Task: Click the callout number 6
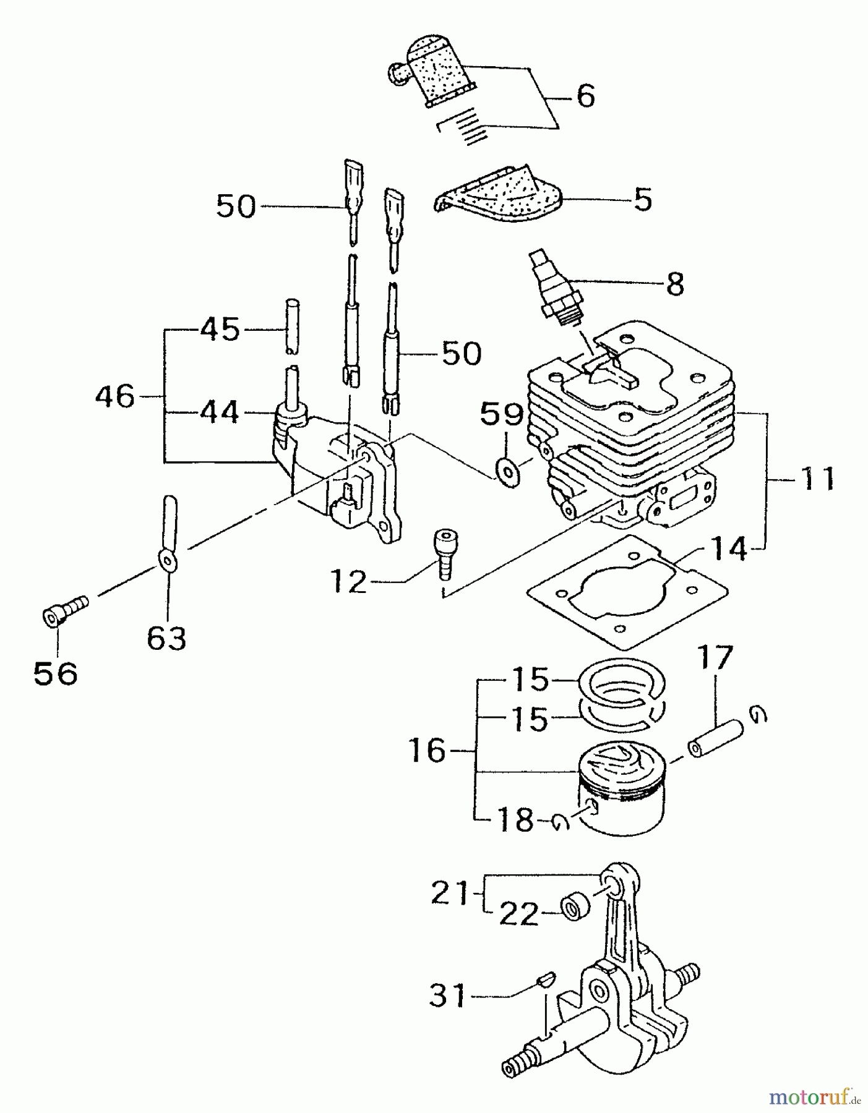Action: coord(585,96)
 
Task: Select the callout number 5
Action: coord(643,200)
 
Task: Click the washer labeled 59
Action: coord(508,473)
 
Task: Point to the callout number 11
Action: coord(817,479)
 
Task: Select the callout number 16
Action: coord(427,751)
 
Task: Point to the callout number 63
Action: coord(166,638)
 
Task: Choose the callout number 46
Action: coord(115,396)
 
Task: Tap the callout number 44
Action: coord(220,412)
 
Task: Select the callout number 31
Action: coord(447,996)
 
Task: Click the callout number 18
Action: coord(515,821)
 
